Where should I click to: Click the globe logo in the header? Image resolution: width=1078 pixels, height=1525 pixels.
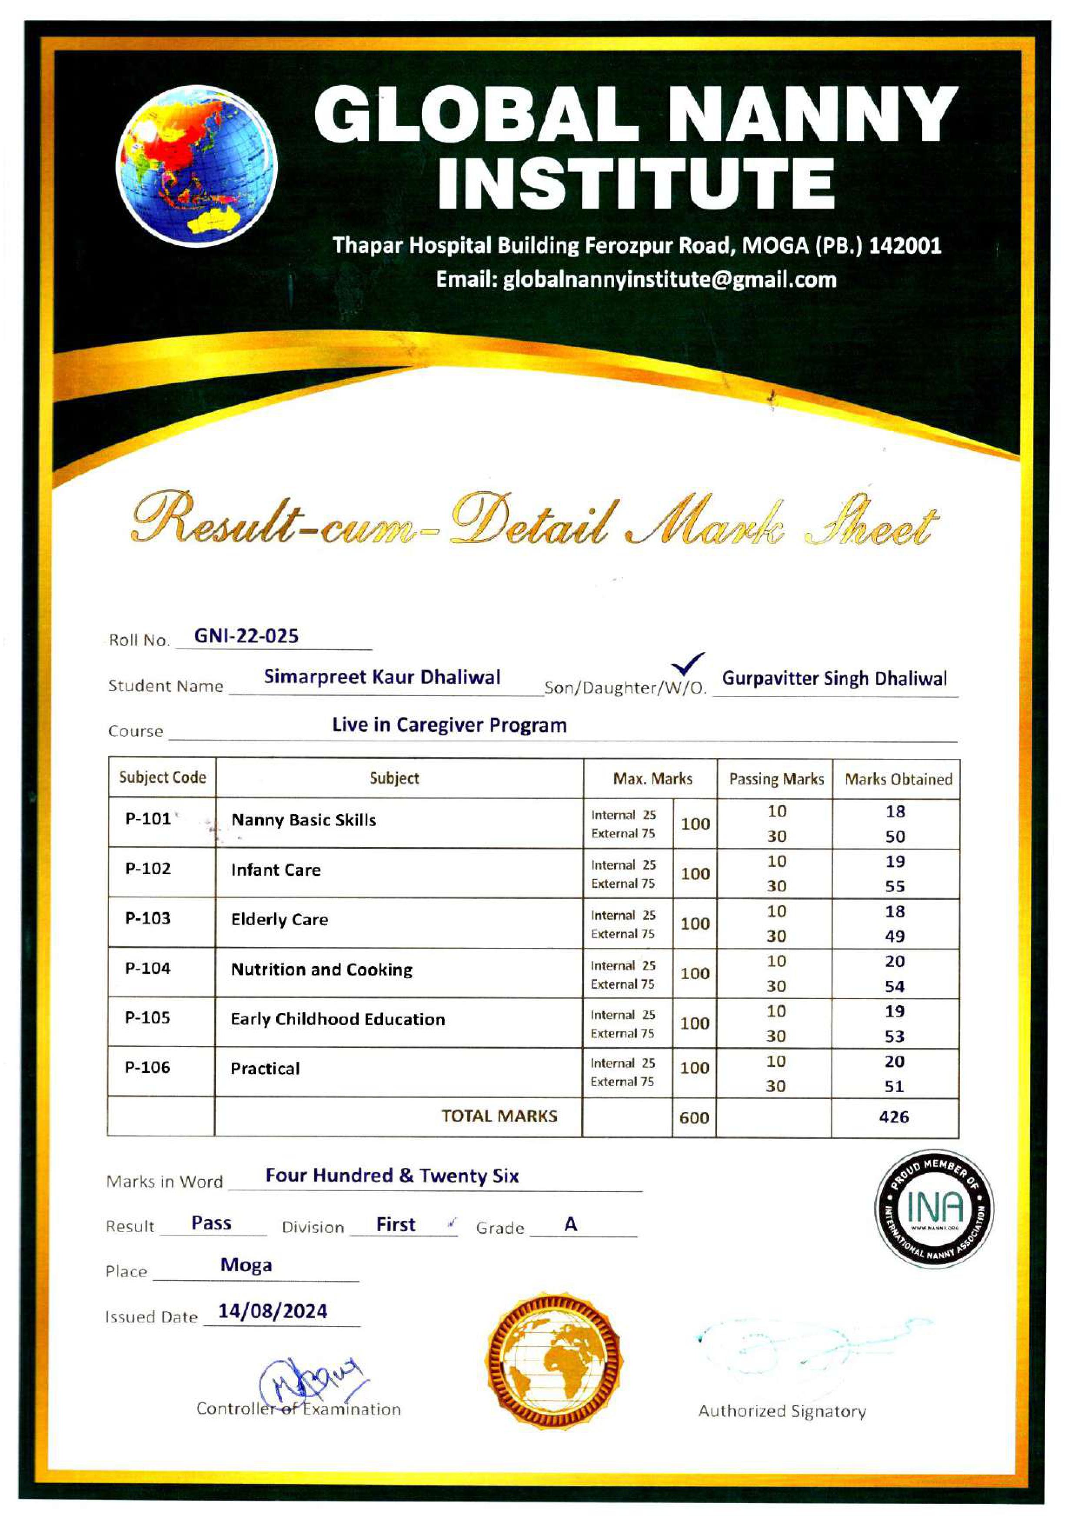point(196,166)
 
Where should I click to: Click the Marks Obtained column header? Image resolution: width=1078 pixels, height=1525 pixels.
point(898,779)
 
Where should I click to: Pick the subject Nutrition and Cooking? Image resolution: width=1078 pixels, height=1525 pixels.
point(322,969)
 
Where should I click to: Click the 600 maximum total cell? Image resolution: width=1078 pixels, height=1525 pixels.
point(694,1118)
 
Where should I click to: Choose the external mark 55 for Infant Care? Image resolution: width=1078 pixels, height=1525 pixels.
point(895,886)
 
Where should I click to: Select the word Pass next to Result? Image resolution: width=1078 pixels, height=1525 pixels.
point(211,1223)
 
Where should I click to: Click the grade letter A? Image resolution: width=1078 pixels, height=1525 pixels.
point(570,1224)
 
